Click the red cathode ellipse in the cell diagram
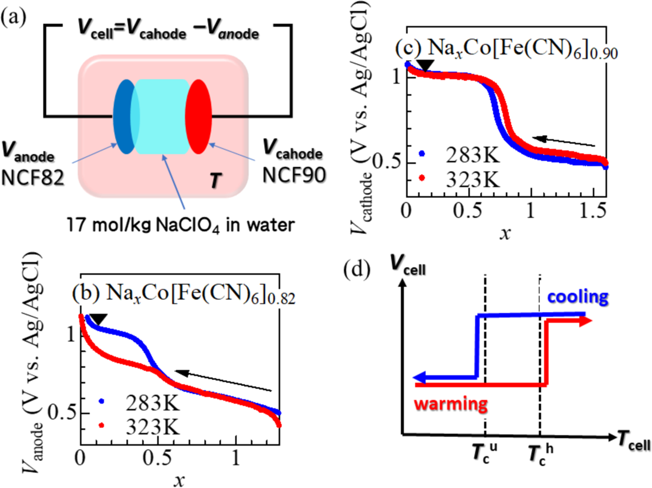pyautogui.click(x=199, y=117)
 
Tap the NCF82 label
pyautogui.click(x=32, y=178)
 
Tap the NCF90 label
pyautogui.click(x=294, y=175)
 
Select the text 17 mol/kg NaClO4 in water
pyautogui.click(x=180, y=225)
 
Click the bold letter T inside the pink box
pyautogui.click(x=215, y=181)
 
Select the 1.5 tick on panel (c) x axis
pyautogui.click(x=593, y=211)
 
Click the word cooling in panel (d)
pyautogui.click(x=578, y=297)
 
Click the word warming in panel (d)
pyautogui.click(x=451, y=404)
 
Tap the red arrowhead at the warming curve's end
pyautogui.click(x=585, y=321)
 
